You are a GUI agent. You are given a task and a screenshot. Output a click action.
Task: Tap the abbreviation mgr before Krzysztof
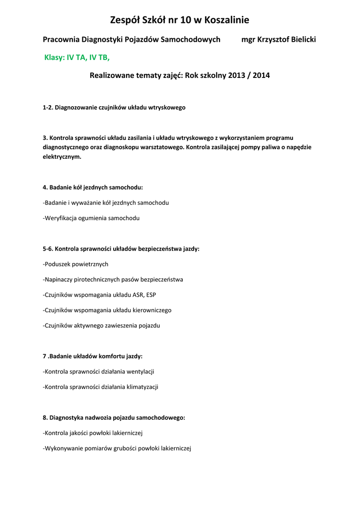pyautogui.click(x=248, y=39)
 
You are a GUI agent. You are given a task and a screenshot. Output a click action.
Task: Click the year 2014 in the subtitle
pyautogui.click(x=261, y=76)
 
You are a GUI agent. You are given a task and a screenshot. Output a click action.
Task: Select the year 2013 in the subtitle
pyautogui.click(x=237, y=76)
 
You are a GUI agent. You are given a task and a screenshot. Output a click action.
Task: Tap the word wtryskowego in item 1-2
pyautogui.click(x=167, y=107)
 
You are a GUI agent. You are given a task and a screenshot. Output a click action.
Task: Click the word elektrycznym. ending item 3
pyautogui.click(x=62, y=156)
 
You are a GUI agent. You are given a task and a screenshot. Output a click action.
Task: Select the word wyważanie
pyautogui.click(x=86, y=203)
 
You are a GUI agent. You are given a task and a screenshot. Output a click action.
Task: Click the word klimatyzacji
pyautogui.click(x=141, y=387)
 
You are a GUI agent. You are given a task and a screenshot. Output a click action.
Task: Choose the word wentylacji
pyautogui.click(x=141, y=372)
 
